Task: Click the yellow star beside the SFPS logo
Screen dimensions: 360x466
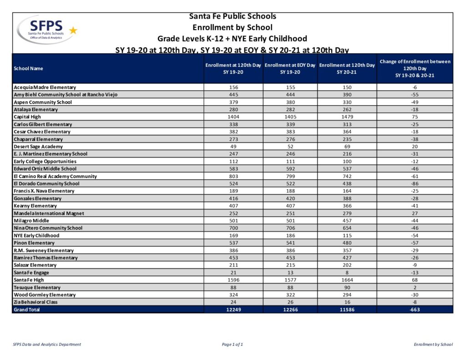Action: [73, 30]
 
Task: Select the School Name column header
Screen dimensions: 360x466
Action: [28, 69]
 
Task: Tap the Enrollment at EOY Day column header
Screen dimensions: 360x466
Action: [290, 69]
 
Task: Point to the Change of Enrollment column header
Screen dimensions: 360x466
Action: [415, 68]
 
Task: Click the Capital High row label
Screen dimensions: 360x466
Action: [27, 117]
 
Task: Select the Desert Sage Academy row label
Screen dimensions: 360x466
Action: [38, 147]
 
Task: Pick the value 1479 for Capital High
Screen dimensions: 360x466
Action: [347, 117]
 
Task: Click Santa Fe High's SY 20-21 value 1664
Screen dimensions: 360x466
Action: [347, 280]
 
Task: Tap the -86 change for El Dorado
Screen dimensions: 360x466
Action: [415, 183]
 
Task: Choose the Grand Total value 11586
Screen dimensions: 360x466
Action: [347, 309]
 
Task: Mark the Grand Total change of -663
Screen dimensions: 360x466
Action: [415, 309]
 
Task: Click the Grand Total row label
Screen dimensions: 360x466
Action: [27, 309]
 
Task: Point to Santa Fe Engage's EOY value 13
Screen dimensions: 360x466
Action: [290, 273]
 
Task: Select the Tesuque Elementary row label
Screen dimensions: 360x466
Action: [37, 287]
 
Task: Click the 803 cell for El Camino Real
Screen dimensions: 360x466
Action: [233, 176]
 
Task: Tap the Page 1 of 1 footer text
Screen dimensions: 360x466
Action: [233, 345]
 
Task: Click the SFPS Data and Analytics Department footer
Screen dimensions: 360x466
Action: [47, 345]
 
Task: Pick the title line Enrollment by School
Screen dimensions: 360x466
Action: [233, 27]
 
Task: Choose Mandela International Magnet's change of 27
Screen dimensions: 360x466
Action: [415, 213]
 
